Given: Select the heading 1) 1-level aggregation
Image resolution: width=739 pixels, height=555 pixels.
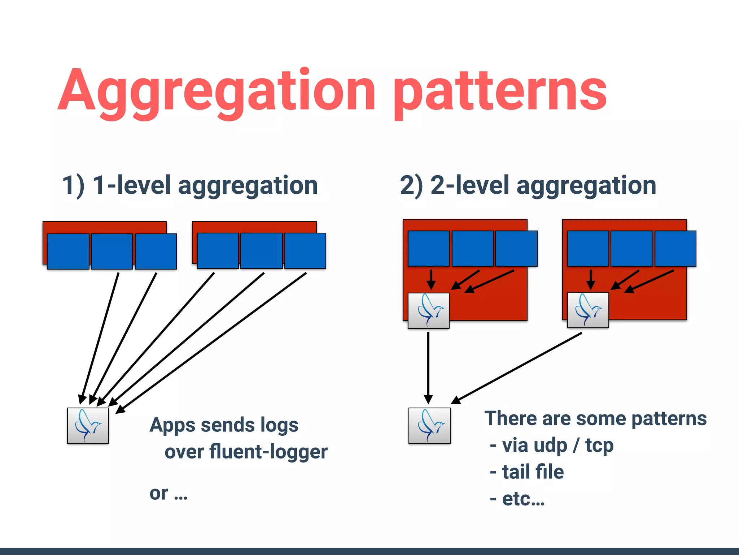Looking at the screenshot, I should click(190, 185).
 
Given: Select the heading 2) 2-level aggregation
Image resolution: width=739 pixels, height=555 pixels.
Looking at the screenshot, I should click(528, 185).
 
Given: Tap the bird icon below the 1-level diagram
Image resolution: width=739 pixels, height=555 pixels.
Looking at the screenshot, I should click(88, 426).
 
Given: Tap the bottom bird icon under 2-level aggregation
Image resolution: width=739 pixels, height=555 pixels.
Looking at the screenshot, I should click(429, 426).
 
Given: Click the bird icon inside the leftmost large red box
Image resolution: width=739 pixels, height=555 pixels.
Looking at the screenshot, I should click(429, 311).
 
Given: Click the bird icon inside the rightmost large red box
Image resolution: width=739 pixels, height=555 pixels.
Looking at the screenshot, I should click(588, 310).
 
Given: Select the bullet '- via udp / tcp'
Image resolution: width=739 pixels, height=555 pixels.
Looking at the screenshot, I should click(552, 445).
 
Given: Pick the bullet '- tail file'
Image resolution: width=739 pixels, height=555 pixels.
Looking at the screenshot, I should click(527, 472).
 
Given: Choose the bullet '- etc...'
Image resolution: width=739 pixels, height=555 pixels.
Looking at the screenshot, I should click(517, 499).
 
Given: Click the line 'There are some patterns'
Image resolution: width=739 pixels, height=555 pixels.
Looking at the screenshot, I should click(595, 418).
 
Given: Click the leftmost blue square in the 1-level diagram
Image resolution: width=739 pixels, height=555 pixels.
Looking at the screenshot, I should click(68, 251).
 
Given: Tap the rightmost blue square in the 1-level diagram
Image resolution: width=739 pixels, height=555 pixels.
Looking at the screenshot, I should click(305, 250).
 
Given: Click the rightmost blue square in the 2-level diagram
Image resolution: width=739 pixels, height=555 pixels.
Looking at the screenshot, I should click(675, 249).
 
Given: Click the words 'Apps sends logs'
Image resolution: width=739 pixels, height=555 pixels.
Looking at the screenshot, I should click(224, 425).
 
